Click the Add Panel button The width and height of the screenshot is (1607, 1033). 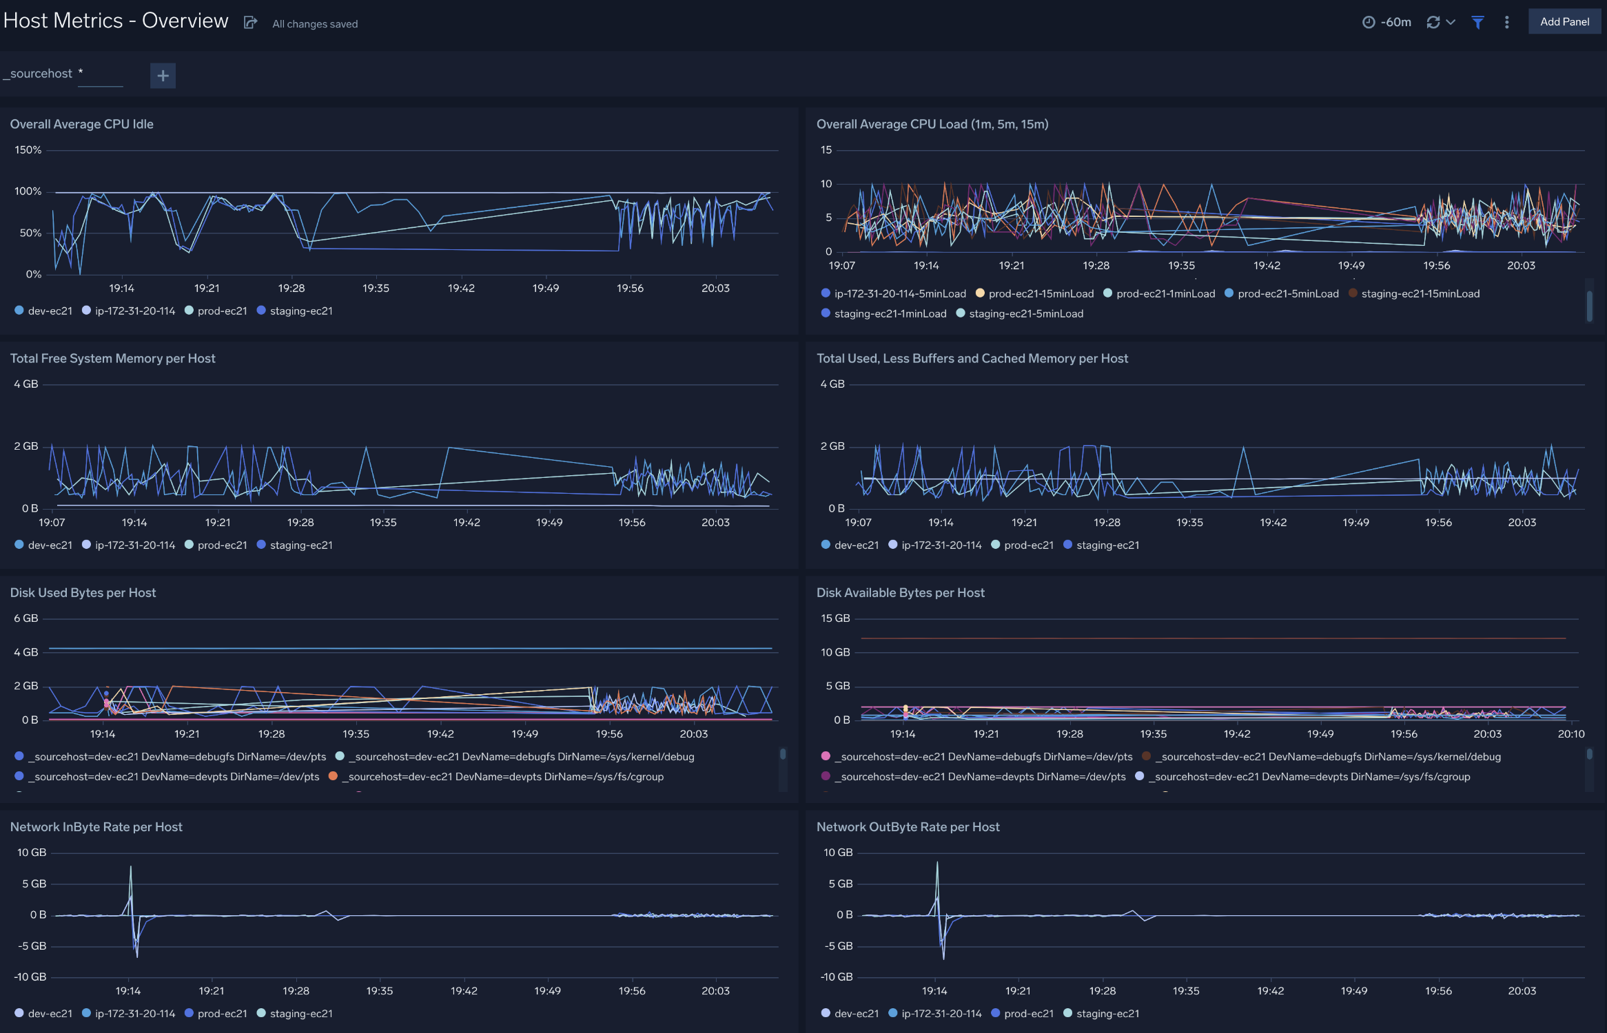(x=1564, y=22)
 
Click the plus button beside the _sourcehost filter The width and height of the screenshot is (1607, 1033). (x=163, y=76)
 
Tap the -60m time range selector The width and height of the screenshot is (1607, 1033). (x=1386, y=22)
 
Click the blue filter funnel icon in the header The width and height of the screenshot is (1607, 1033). (x=1477, y=22)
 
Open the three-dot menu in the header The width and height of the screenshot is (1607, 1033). (x=1507, y=22)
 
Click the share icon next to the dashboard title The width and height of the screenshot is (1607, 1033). (x=250, y=23)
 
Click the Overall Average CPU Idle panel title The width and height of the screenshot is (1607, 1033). (x=81, y=124)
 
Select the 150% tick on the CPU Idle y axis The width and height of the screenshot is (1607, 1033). (x=28, y=150)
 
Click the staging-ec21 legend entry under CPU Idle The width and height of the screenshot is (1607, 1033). (x=300, y=311)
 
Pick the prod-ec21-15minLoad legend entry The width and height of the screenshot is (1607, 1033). (x=1041, y=294)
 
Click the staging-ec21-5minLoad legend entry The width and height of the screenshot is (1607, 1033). (x=1025, y=314)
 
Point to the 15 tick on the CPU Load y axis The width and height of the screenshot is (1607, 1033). (x=826, y=150)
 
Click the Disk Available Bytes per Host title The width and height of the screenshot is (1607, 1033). (x=900, y=592)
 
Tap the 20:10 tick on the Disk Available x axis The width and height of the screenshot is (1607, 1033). (x=1570, y=734)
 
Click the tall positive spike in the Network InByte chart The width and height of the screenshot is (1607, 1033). (x=130, y=870)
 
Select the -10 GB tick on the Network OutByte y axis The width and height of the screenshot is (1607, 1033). (x=837, y=977)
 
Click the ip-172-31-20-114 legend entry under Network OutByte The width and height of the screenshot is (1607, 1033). (x=941, y=1014)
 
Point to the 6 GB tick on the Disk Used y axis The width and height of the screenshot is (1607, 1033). (x=26, y=618)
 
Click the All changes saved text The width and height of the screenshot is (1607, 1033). (x=315, y=24)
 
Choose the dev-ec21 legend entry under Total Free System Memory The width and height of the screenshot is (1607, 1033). (x=49, y=545)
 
